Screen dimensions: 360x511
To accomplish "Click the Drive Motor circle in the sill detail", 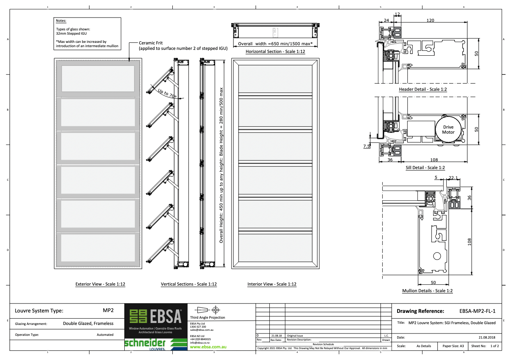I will click(x=448, y=129).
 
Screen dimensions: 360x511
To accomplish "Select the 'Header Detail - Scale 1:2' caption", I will click(x=423, y=90).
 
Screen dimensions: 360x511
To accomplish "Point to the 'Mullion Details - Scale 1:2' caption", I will click(x=427, y=291).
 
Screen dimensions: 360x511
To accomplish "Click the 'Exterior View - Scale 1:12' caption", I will click(x=100, y=284).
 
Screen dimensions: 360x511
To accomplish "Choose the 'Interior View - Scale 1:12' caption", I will click(x=272, y=284).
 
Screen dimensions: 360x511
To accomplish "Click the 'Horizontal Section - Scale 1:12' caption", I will click(x=275, y=52).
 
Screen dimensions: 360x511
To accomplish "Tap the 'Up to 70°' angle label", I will click(x=167, y=94).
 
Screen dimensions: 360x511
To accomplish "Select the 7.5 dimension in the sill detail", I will click(x=366, y=146).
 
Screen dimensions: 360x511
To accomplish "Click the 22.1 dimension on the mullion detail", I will click(x=453, y=178).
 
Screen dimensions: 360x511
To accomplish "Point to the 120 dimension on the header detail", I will click(x=430, y=20).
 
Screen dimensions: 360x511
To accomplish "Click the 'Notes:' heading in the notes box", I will click(x=61, y=21).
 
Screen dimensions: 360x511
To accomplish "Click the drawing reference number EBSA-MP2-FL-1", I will click(x=477, y=311).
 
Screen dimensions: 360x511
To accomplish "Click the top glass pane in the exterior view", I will click(x=98, y=78).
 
